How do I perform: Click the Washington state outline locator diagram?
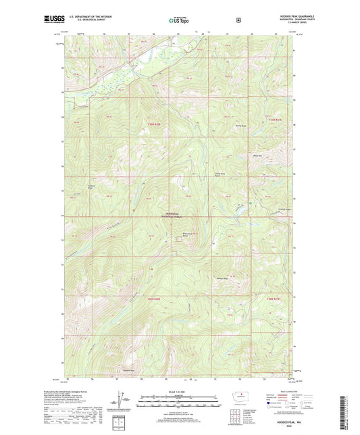(240, 394)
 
